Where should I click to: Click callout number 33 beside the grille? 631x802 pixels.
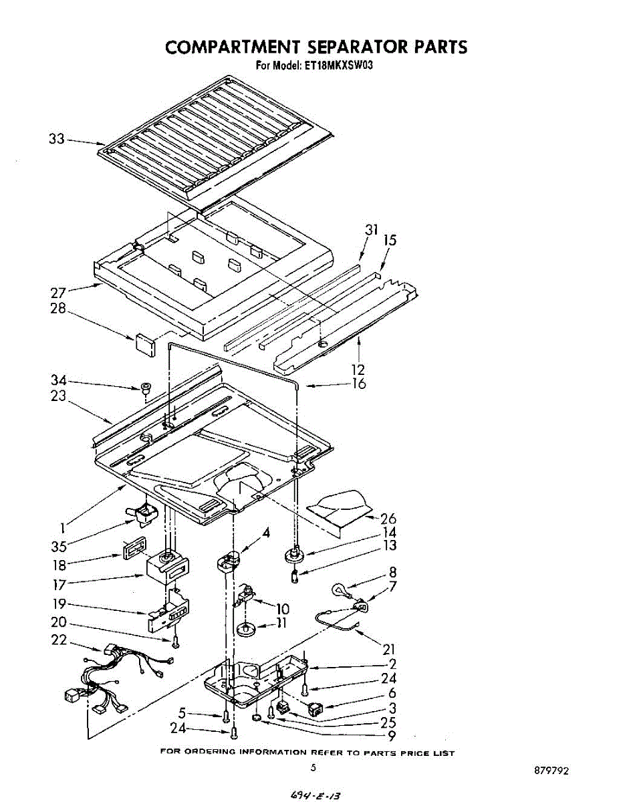click(57, 139)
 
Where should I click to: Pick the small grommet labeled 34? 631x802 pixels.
click(145, 388)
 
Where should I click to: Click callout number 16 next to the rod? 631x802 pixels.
click(360, 384)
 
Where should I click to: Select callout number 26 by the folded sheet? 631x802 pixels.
click(388, 519)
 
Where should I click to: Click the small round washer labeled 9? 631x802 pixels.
click(257, 718)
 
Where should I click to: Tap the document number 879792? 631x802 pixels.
click(551, 771)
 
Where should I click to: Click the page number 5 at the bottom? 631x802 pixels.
click(313, 769)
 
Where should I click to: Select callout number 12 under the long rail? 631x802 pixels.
click(358, 370)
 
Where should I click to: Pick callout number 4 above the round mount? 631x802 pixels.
click(266, 533)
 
